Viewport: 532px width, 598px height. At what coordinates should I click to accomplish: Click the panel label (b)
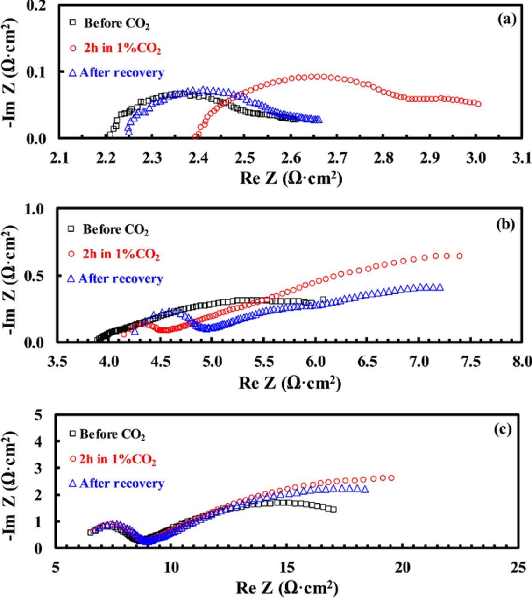coord(505,225)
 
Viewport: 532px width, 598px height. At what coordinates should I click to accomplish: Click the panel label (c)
coord(503,429)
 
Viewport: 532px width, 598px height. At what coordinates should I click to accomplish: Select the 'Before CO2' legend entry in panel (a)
coord(116,23)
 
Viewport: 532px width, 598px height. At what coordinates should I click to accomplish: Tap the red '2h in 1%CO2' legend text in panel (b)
coord(121,254)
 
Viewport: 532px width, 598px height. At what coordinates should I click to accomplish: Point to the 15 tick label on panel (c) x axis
coord(287,567)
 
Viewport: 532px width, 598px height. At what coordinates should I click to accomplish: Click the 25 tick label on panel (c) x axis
coord(518,567)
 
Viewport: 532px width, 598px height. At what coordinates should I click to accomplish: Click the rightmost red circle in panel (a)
coord(478,104)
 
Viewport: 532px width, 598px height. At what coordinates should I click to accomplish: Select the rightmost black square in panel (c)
coord(333,509)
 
